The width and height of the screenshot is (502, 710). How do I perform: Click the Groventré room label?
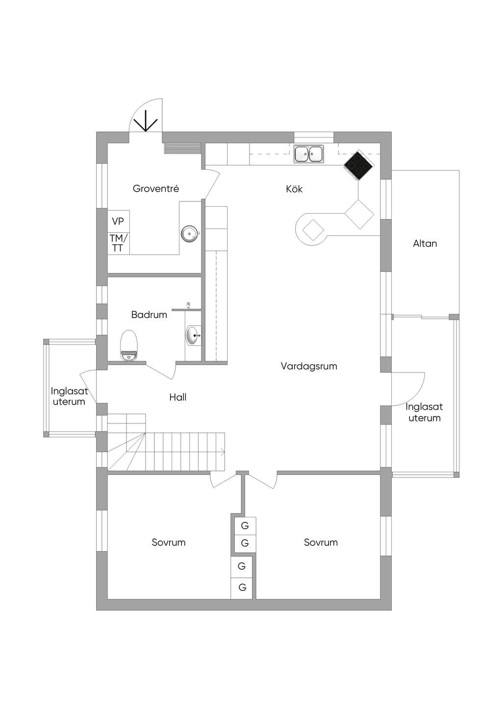coord(156,189)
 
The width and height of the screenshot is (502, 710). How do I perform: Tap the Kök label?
coord(294,189)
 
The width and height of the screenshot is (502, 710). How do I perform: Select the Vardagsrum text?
coord(309,367)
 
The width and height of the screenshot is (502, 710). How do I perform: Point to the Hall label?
coord(177,397)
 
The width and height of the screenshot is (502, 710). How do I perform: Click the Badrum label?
coord(149,315)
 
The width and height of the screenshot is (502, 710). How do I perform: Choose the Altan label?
coord(425,244)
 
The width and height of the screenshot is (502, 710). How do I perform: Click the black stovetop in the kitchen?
coord(358,165)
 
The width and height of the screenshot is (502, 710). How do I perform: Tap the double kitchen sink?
coord(309,154)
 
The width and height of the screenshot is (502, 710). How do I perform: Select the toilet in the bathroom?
coord(129,345)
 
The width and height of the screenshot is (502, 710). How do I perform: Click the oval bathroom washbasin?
coord(193,335)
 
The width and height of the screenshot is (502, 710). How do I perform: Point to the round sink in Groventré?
coord(189,234)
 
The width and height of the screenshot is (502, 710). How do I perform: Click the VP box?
coord(118,221)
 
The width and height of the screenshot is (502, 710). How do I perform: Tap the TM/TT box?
coord(118,243)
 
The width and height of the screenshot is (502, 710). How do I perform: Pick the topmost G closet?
coord(245,526)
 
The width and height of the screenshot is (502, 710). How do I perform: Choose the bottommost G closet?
coord(242,588)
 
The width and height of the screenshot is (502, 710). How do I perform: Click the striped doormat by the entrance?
coord(183,148)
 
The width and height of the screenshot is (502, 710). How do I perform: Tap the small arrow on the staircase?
coord(222,452)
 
